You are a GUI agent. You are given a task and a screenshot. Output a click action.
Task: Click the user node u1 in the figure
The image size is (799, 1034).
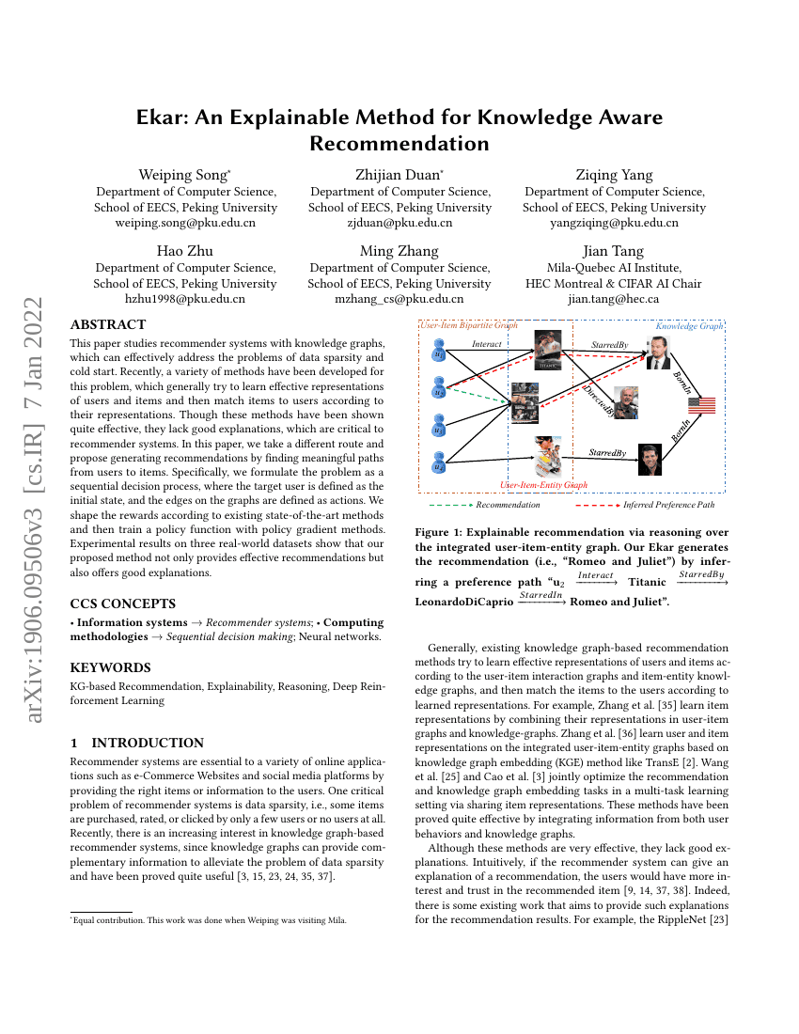(x=439, y=352)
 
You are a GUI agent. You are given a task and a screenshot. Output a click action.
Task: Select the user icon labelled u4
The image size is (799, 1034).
(x=439, y=462)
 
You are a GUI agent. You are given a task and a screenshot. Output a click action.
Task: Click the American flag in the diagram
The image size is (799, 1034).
(x=701, y=405)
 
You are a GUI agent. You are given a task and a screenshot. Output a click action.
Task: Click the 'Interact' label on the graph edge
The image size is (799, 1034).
(x=487, y=344)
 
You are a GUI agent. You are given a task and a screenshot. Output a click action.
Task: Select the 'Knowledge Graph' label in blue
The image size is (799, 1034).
(x=689, y=326)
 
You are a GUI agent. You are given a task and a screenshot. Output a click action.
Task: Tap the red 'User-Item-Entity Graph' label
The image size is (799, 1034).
(x=543, y=485)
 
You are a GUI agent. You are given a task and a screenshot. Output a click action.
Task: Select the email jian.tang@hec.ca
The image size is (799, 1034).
(x=614, y=299)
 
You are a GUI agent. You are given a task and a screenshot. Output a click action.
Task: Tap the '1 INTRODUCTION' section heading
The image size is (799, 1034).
(x=137, y=743)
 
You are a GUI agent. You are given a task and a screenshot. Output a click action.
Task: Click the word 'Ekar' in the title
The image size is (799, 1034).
(x=166, y=117)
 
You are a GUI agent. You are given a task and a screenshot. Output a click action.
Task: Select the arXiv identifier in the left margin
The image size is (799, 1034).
(x=36, y=512)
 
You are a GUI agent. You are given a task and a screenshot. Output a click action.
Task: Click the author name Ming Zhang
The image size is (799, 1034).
(x=399, y=251)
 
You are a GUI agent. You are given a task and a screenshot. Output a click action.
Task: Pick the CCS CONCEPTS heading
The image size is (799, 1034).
(x=122, y=603)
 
